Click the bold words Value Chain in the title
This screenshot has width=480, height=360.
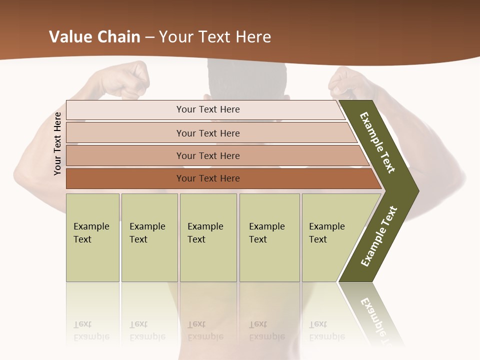click(94, 37)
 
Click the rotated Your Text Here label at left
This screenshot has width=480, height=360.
click(57, 143)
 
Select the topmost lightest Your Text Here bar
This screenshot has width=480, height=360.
click(207, 109)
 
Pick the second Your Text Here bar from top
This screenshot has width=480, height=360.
click(207, 133)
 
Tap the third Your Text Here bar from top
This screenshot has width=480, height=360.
click(207, 155)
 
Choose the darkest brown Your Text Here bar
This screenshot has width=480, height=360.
click(207, 178)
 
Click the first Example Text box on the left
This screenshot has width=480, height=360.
click(92, 237)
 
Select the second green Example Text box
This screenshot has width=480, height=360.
click(149, 237)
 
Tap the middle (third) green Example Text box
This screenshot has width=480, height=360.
click(208, 237)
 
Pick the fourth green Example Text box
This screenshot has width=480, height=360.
click(269, 237)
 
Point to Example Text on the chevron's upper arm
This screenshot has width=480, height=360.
click(377, 142)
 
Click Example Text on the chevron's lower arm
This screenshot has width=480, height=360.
click(379, 236)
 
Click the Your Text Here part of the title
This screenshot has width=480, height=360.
click(215, 37)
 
